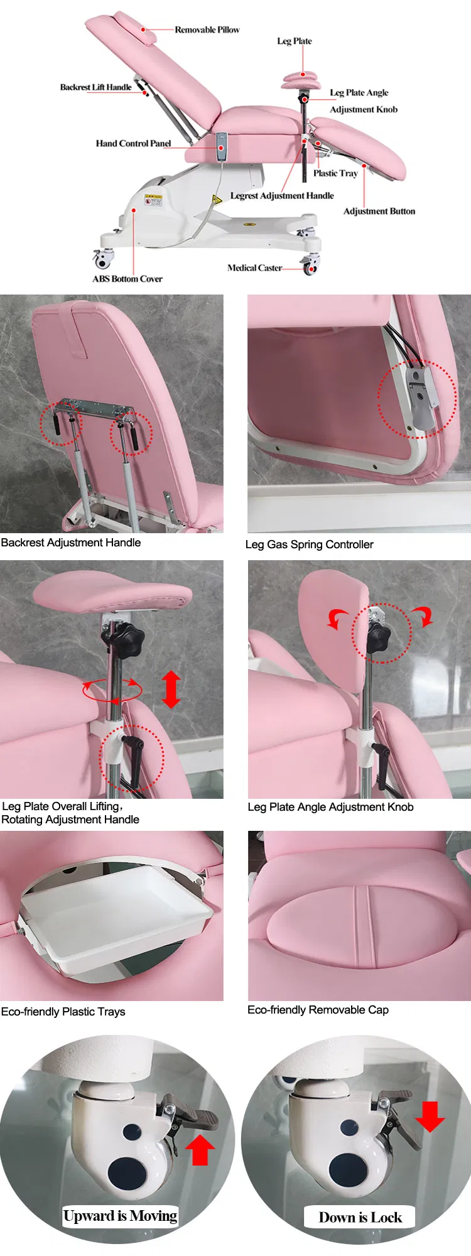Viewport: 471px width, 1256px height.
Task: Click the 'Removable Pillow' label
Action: (x=207, y=30)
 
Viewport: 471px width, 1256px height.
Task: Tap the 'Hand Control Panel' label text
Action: (x=133, y=143)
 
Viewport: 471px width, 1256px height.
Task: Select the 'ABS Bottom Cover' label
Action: (x=127, y=279)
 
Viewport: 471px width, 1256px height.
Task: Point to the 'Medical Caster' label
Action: (x=254, y=268)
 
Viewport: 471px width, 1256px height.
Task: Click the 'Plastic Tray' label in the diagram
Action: (x=335, y=173)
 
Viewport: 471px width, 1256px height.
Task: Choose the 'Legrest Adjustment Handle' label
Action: (x=282, y=196)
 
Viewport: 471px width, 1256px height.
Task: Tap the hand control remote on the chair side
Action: (x=221, y=147)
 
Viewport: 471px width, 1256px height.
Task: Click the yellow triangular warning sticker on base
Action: (x=217, y=200)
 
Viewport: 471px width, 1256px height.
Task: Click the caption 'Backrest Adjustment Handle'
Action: (x=71, y=543)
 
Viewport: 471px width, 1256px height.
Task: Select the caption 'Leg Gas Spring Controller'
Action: (x=310, y=544)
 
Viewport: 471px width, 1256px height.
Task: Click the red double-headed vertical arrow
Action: (x=171, y=689)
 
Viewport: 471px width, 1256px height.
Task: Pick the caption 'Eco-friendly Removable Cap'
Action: (x=318, y=1010)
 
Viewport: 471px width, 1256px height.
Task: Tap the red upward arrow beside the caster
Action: (x=200, y=1149)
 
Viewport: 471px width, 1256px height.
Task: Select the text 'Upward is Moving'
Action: (x=120, y=1216)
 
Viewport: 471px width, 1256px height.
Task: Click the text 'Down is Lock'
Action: (x=360, y=1217)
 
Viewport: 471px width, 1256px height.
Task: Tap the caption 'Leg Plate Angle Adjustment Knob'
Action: (x=330, y=807)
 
